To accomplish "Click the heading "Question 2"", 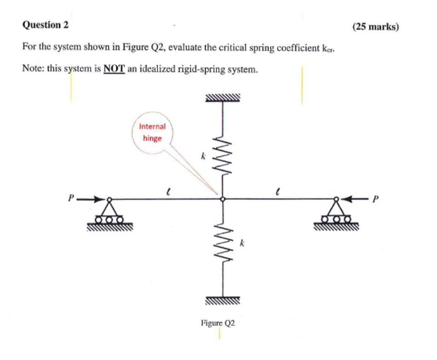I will pos(45,25).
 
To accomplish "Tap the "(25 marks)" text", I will pos(376,27).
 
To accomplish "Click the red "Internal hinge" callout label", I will pos(152,132).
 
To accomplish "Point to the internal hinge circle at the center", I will pos(223,199).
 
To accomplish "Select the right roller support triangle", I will pos(338,210).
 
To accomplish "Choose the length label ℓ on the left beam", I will pos(169,189).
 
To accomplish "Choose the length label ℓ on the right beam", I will pos(278,189).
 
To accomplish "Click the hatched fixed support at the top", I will pos(223,98).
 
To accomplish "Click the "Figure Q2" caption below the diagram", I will pos(218,323).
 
